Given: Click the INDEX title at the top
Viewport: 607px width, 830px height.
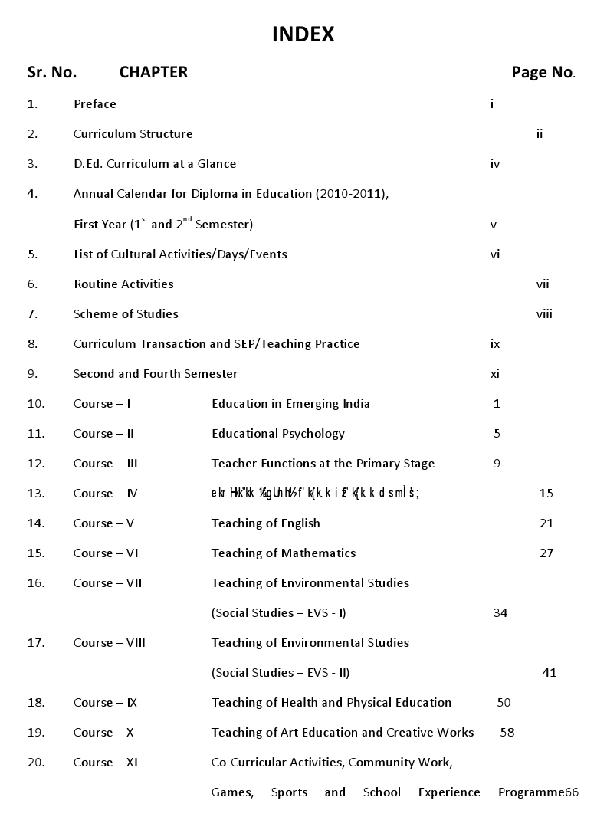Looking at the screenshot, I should (303, 34).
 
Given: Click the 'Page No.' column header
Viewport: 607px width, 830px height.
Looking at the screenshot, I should (543, 72).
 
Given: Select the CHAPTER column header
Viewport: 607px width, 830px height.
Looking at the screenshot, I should (153, 72).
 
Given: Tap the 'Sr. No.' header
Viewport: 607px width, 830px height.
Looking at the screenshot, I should (52, 72).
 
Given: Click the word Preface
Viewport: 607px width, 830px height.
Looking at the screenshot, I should (95, 103).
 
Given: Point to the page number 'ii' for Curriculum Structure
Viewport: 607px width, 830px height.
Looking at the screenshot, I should (540, 133).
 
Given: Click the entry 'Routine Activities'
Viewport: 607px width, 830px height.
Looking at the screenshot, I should (123, 284).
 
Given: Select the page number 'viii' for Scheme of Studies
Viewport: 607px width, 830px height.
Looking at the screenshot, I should (544, 313).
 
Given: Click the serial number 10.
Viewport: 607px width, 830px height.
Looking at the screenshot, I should (36, 403).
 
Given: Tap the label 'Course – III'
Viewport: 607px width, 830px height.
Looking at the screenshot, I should (106, 463).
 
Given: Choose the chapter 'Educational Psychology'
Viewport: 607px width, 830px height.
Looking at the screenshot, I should (278, 433).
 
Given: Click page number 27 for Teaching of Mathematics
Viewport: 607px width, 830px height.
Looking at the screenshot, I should (546, 553).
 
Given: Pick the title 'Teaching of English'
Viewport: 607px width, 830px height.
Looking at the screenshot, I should (266, 523).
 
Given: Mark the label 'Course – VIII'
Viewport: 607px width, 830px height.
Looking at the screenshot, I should (110, 642).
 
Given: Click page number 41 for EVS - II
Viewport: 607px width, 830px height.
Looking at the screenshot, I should (549, 672).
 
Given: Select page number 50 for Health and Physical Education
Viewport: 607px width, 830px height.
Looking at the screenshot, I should (504, 702).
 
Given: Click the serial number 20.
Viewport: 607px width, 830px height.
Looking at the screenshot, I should (36, 762).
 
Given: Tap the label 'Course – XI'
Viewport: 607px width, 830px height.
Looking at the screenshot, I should (106, 762).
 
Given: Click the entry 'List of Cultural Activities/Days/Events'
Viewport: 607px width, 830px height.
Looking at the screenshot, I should (180, 254).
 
